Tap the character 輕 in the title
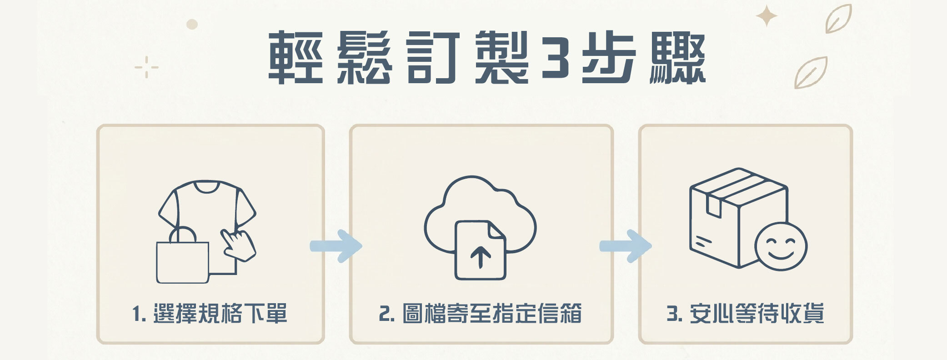click(x=296, y=58)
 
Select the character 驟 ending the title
click(x=678, y=58)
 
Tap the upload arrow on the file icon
click(x=481, y=257)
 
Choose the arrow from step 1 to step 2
click(x=336, y=246)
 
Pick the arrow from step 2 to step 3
click(x=626, y=246)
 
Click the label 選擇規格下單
click(x=220, y=314)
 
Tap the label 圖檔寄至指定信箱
click(x=492, y=314)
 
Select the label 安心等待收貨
click(x=757, y=314)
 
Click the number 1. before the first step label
click(x=139, y=314)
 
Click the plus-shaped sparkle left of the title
click(x=146, y=67)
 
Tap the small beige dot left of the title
click(x=192, y=24)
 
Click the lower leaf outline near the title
click(x=811, y=73)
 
